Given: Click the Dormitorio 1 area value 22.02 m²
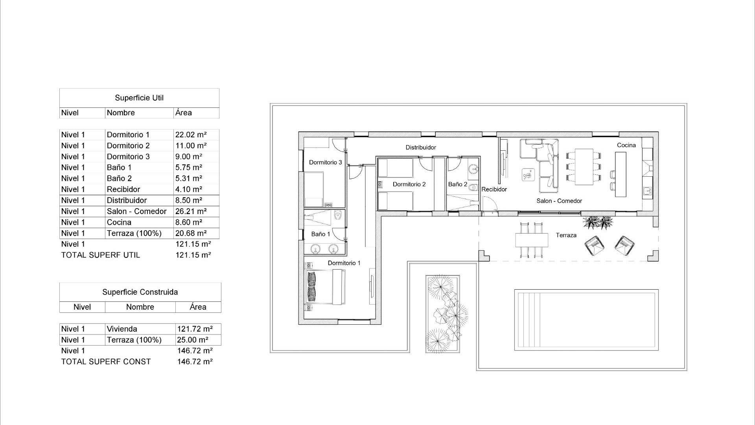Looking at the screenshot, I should [191, 135].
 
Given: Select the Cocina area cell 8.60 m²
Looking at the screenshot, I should [189, 222].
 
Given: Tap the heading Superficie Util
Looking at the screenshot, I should [139, 98].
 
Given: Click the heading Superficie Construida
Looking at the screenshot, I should [140, 292].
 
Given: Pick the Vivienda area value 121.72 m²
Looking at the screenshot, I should [195, 329].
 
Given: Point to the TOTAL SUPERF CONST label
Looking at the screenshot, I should [106, 362].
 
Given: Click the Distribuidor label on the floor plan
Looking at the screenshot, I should [421, 148].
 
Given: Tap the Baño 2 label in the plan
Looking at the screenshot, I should [458, 184].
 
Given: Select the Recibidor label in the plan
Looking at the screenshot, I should [494, 189].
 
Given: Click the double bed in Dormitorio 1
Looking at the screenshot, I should [326, 287].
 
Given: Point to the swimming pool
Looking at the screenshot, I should [586, 320].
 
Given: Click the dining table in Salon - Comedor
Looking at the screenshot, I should [584, 167].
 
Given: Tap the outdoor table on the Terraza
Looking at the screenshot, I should [532, 240].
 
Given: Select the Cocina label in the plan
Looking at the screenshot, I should [626, 145].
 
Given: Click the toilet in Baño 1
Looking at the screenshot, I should [337, 216].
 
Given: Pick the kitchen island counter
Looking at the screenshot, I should [621, 174].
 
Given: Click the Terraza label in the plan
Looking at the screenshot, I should [566, 235].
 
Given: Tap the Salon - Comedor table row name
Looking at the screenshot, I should [136, 211].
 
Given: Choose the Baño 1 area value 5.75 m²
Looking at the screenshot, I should [189, 168].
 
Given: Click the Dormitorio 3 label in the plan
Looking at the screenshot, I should [325, 163].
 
